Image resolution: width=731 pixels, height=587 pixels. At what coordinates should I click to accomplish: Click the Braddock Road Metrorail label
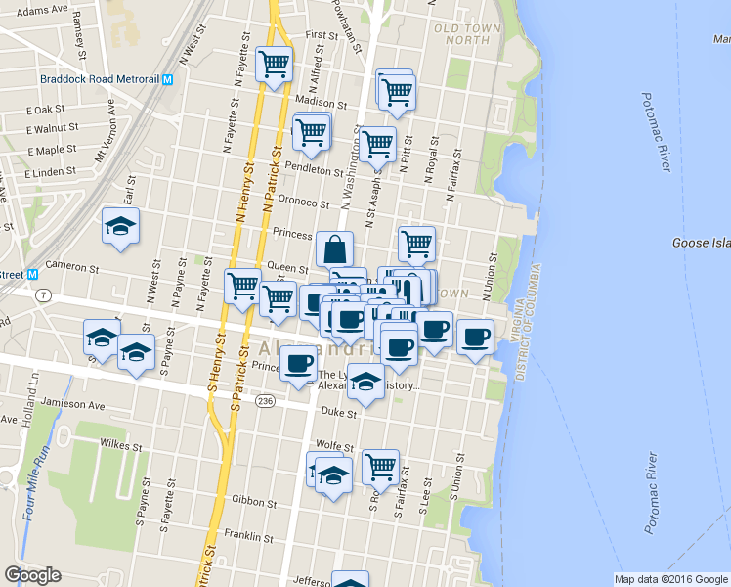pos(100,80)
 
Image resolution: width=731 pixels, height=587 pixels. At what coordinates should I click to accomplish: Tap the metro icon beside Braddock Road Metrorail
pos(168,80)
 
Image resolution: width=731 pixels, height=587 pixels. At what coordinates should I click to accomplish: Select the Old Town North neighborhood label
pos(468,33)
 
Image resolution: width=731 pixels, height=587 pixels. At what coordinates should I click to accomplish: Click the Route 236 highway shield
pos(266,400)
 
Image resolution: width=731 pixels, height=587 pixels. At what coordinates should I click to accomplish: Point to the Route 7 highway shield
pos(42,294)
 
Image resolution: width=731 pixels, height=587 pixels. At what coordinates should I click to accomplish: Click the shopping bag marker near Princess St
pos(334,248)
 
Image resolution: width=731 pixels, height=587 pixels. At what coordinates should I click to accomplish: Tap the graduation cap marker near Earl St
pos(121,225)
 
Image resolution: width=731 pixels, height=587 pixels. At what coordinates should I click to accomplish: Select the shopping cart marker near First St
pos(274,64)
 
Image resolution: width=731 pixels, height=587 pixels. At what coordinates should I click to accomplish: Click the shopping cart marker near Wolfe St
pos(380,467)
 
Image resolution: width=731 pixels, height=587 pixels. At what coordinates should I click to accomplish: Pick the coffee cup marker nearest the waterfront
pos(476,337)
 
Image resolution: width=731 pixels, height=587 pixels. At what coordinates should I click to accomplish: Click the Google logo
pos(32,575)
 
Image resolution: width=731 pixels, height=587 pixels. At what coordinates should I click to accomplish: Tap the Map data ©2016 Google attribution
pos(670,579)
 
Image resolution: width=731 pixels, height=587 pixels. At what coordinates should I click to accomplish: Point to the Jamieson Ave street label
pos(76,404)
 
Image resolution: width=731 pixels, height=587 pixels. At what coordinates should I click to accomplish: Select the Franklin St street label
pos(247,536)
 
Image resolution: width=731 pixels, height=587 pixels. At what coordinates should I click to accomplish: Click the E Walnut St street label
pos(52,128)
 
